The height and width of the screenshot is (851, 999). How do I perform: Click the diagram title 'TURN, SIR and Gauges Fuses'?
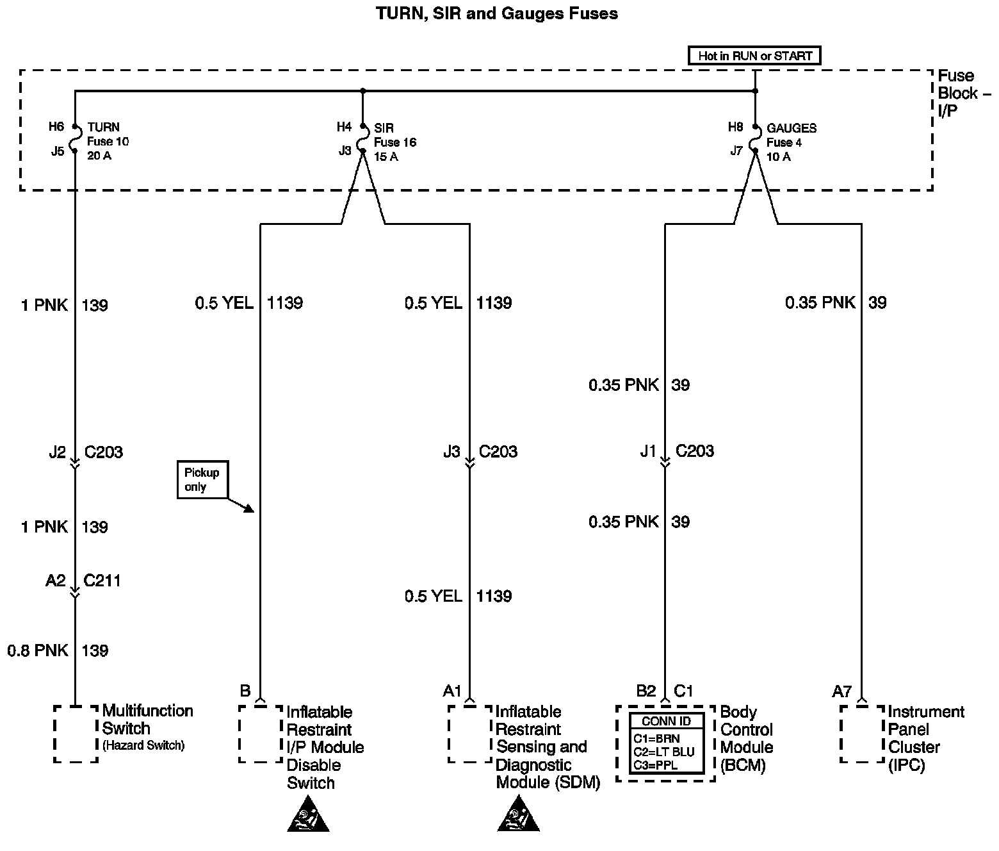pyautogui.click(x=497, y=13)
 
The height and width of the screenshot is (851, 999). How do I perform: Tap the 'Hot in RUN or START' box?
pyautogui.click(x=754, y=56)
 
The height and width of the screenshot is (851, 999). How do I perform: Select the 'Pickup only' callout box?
pyautogui.click(x=202, y=480)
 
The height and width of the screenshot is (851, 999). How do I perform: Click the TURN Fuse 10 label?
pyautogui.click(x=108, y=141)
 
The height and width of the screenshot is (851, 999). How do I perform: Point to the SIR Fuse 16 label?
pyautogui.click(x=394, y=142)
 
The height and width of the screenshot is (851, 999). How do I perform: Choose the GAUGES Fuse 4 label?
pyautogui.click(x=791, y=142)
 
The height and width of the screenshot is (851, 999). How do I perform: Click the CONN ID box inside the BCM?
pyautogui.click(x=666, y=743)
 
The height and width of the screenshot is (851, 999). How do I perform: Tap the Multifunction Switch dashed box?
pyautogui.click(x=76, y=734)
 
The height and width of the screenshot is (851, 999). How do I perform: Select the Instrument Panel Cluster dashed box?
pyautogui.click(x=861, y=734)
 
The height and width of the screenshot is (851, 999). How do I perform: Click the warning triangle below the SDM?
pyautogui.click(x=519, y=815)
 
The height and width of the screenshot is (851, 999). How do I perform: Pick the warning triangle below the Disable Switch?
pyautogui.click(x=309, y=815)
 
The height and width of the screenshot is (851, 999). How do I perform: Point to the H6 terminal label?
pyautogui.click(x=56, y=127)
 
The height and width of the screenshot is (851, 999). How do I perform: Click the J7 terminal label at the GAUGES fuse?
pyautogui.click(x=736, y=151)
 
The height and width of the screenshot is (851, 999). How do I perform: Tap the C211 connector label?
pyautogui.click(x=102, y=581)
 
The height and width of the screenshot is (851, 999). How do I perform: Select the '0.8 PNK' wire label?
pyautogui.click(x=38, y=650)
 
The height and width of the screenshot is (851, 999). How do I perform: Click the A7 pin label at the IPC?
pyautogui.click(x=842, y=691)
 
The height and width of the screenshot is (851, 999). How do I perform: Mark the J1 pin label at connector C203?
pyautogui.click(x=649, y=452)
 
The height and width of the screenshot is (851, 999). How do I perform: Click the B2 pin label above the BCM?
pyautogui.click(x=646, y=691)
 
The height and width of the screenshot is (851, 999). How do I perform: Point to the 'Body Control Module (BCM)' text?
pyautogui.click(x=747, y=738)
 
